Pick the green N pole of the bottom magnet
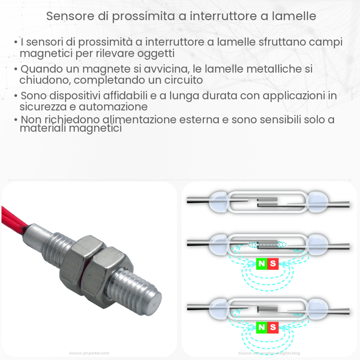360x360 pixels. tap(262, 327)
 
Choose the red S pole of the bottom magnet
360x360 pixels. tap(273, 327)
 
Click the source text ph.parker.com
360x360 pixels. tap(89, 353)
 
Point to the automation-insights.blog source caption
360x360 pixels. tap(269, 353)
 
